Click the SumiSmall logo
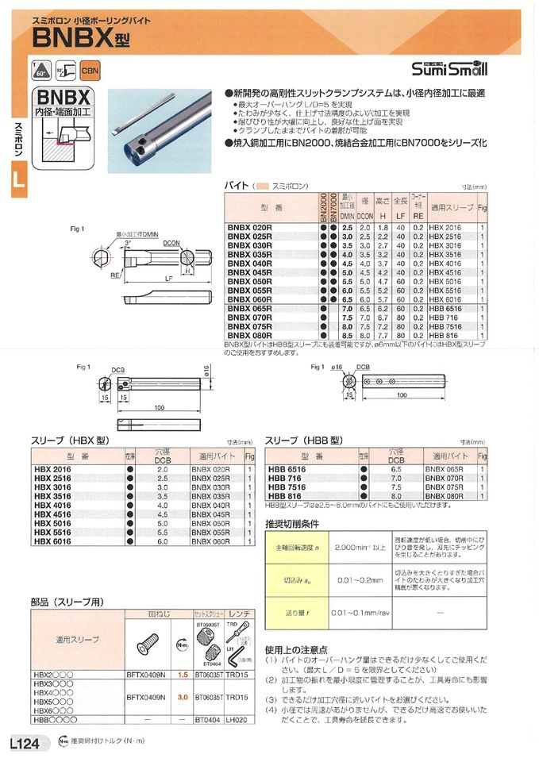point(451,68)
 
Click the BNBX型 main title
point(81,37)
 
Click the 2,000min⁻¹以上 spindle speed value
point(360,548)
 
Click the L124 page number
point(25,743)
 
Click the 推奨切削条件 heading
point(292,524)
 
